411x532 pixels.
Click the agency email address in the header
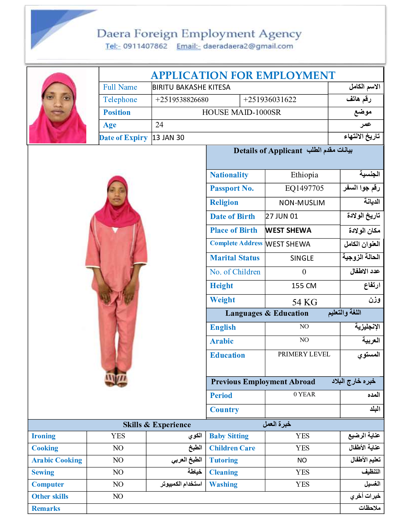[248, 46]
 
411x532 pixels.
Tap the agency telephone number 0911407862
[145, 46]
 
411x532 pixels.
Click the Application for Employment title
[243, 75]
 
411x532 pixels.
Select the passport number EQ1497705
[304, 188]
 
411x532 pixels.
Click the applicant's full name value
[191, 87]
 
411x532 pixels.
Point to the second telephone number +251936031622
[270, 100]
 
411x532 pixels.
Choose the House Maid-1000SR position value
[241, 113]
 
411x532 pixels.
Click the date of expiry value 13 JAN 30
[168, 138]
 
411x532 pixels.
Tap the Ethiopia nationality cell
[304, 175]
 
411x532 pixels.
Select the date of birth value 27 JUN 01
[282, 216]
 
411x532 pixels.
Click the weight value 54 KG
[305, 302]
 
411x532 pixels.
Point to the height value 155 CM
[304, 286]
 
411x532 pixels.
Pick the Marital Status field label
[235, 258]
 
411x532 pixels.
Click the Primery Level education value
[304, 354]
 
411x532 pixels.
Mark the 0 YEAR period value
[304, 394]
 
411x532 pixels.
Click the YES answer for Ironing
[118, 436]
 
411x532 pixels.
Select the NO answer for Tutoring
[302, 460]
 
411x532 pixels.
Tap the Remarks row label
[46, 508]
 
